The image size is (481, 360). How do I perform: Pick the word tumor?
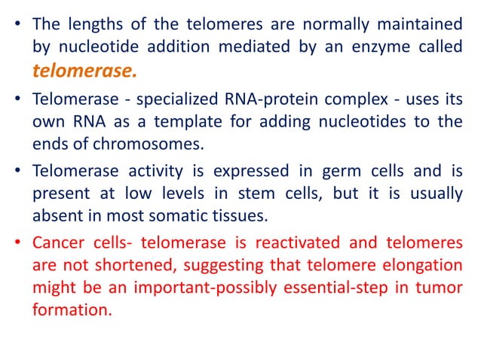441,287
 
